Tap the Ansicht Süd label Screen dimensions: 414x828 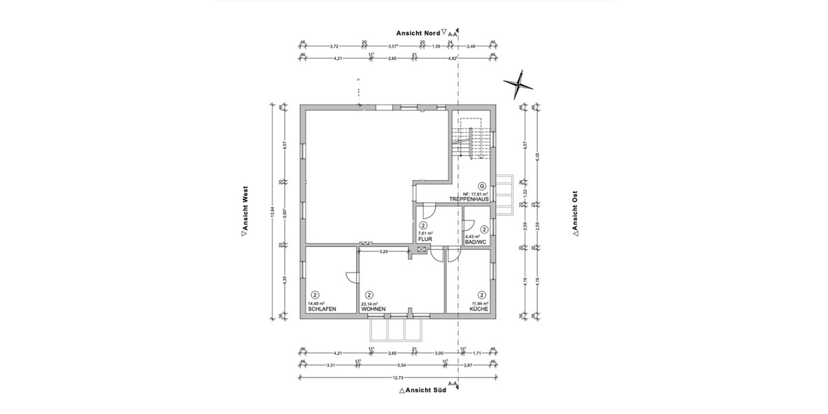tap(422, 390)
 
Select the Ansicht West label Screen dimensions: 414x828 tap(244, 213)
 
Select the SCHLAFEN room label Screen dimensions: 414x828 tap(322, 309)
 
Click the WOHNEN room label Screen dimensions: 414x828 tap(373, 309)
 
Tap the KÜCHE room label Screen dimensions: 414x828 tap(480, 309)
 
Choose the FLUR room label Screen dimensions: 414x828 tap(424, 239)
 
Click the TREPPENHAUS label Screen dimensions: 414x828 tap(469, 199)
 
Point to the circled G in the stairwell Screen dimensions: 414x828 tap(482, 186)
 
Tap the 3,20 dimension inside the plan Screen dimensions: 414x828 tap(384, 252)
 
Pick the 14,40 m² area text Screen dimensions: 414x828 tap(317, 304)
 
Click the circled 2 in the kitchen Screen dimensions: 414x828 tap(482, 295)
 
